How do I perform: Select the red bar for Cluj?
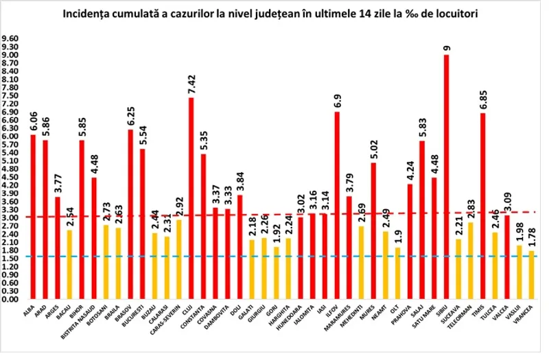coord(190,199)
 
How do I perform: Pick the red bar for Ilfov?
coord(337,206)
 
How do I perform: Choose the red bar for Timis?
coord(482,206)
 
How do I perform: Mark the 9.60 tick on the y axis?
coord(12,39)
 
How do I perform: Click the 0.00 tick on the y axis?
coord(12,300)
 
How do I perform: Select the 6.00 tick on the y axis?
coord(12,136)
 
